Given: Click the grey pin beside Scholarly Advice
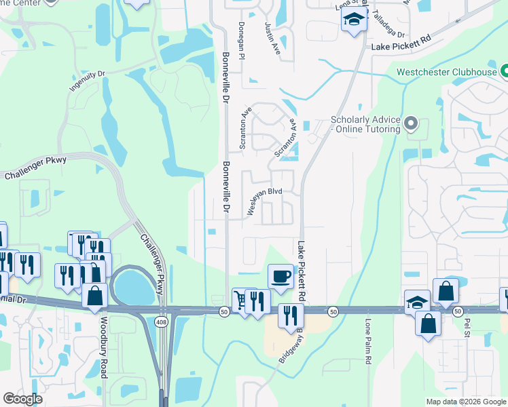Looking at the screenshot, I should click(x=410, y=124).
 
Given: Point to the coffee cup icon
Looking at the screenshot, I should click(x=280, y=276).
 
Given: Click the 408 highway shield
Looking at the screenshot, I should click(x=160, y=320).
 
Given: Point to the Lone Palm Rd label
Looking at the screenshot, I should click(x=367, y=343).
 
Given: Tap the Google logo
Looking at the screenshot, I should click(x=22, y=399).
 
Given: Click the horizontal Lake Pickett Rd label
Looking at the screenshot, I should click(x=401, y=46).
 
